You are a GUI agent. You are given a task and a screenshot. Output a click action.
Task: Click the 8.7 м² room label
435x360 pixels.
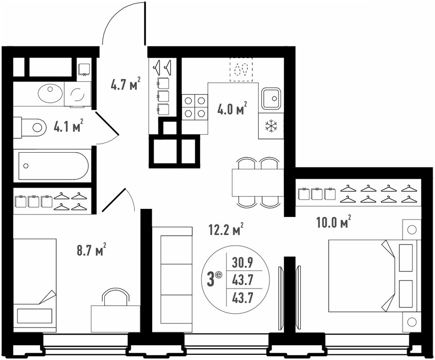pyautogui.click(x=92, y=249)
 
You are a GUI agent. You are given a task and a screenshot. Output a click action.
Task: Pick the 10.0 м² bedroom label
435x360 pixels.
pyautogui.click(x=334, y=221)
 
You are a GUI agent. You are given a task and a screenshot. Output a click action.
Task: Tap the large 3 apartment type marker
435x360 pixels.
pyautogui.click(x=211, y=280)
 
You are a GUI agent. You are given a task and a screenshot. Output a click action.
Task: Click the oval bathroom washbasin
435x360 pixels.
pyautogui.click(x=50, y=93)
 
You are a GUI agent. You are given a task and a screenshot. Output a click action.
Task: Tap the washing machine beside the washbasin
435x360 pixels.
pyautogui.click(x=78, y=94)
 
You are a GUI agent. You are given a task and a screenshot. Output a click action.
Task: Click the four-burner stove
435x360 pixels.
pyautogui.click(x=195, y=107)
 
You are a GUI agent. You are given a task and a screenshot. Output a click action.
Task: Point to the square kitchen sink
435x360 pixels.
pyautogui.click(x=271, y=98)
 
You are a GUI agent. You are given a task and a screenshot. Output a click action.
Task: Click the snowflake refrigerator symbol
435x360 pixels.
pyautogui.click(x=271, y=126)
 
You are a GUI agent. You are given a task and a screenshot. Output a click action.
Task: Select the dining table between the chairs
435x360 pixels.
pyautogui.click(x=258, y=183)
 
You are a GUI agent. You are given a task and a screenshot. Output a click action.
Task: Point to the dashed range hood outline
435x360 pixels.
pyautogui.click(x=241, y=69)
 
